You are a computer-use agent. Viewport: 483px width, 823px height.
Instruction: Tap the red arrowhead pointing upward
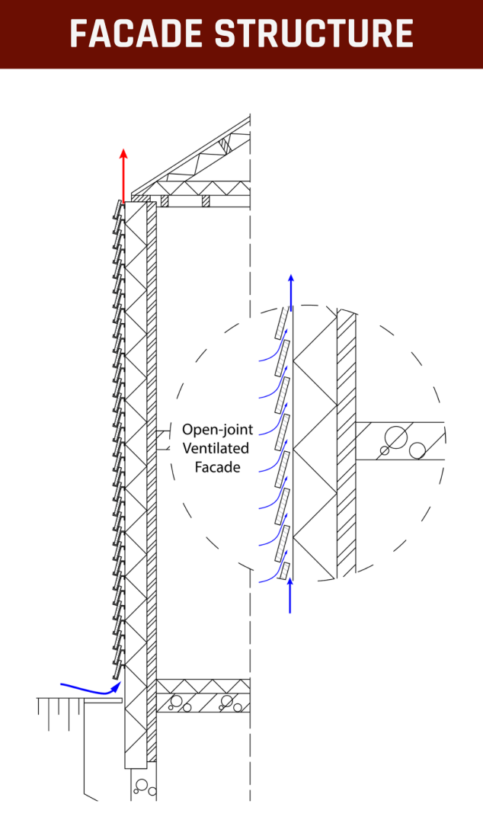(x=123, y=153)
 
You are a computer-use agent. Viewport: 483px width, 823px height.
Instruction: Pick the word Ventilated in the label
(x=216, y=448)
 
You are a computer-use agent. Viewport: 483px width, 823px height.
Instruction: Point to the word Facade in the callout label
(x=217, y=467)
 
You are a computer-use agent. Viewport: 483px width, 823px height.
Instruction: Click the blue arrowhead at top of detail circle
(x=290, y=278)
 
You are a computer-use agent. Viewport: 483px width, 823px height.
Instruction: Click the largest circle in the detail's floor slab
(x=396, y=437)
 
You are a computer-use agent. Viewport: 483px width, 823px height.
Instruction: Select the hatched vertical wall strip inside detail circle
(x=347, y=442)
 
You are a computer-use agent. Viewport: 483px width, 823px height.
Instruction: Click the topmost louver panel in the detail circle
(x=282, y=320)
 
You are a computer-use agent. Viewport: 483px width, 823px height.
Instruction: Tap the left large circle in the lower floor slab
(x=177, y=700)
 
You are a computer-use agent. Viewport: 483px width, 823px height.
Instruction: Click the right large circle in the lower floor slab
(x=226, y=700)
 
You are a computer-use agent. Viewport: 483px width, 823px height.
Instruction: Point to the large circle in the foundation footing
(x=142, y=784)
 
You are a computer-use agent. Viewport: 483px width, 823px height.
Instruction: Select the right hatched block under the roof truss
(x=206, y=201)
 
